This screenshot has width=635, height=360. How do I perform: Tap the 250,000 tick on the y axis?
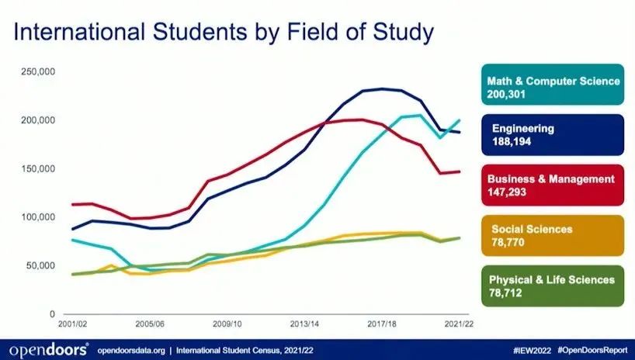tap(37, 72)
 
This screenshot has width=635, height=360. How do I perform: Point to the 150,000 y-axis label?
tap(37, 168)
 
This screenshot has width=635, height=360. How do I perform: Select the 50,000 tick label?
tap(40, 265)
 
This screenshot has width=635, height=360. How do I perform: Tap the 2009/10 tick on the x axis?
tap(227, 325)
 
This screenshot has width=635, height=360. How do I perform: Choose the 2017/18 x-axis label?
tap(383, 325)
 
